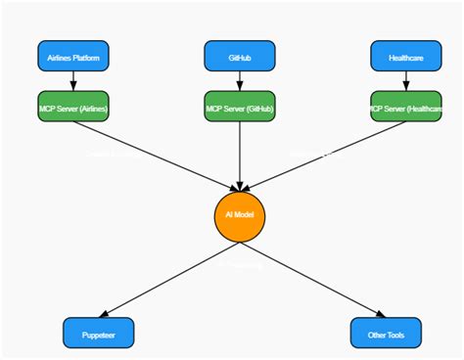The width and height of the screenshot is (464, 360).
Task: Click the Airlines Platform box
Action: (73, 56)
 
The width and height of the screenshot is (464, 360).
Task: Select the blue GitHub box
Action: (240, 56)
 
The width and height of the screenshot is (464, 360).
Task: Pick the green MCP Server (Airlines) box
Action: (73, 106)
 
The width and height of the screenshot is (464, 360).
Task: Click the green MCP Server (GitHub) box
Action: (240, 106)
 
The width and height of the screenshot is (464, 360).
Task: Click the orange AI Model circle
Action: (240, 214)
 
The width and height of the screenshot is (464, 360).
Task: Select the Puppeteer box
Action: (98, 333)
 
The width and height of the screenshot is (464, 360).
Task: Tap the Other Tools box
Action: (386, 333)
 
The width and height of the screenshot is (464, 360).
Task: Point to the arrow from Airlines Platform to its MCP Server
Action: (73, 80)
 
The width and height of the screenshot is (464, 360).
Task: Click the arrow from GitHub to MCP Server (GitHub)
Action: (240, 80)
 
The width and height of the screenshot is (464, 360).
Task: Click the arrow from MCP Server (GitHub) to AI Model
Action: (240, 152)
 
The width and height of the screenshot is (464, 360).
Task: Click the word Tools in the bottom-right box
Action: (396, 333)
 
